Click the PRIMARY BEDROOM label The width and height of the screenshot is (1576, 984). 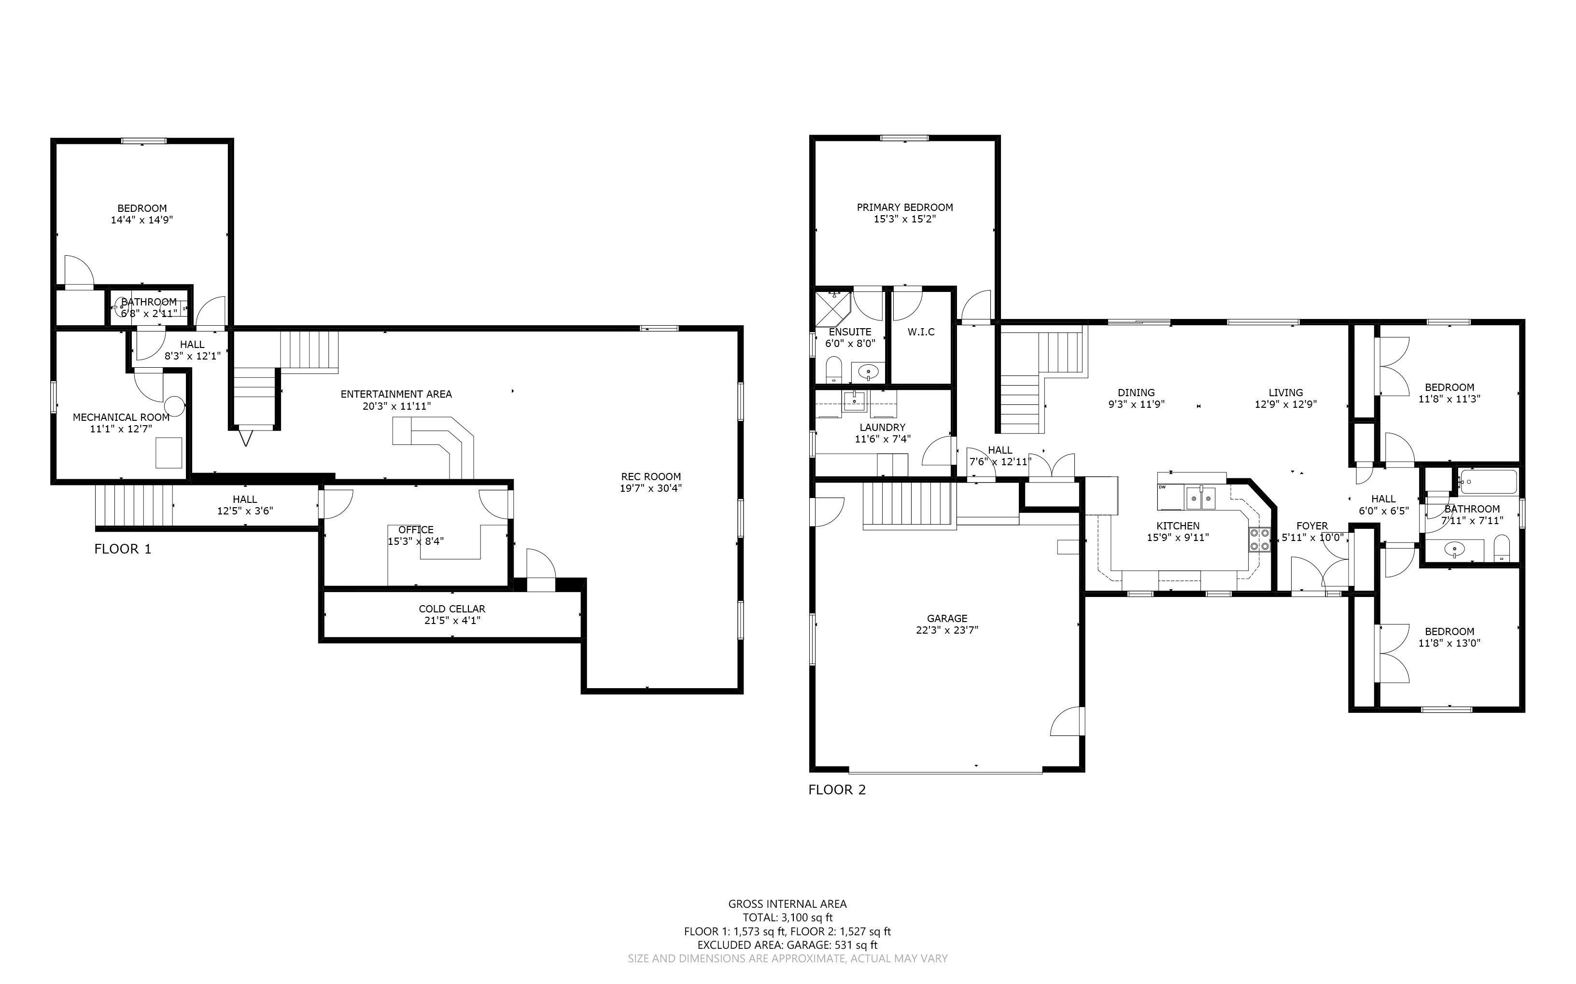pyautogui.click(x=904, y=208)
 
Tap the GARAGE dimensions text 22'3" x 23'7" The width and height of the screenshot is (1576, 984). pyautogui.click(x=947, y=630)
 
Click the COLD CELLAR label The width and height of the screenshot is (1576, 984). pyautogui.click(x=452, y=609)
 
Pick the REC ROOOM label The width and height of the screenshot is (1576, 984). pyautogui.click(x=651, y=476)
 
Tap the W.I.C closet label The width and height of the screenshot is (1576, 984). pyautogui.click(x=921, y=332)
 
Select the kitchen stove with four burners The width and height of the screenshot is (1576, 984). pyautogui.click(x=1259, y=540)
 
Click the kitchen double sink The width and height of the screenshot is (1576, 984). pyautogui.click(x=1201, y=499)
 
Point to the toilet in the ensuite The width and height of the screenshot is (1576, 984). pyautogui.click(x=834, y=370)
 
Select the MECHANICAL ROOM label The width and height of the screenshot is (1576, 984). pyautogui.click(x=121, y=417)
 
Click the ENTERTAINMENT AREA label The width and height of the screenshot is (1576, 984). pyautogui.click(x=396, y=394)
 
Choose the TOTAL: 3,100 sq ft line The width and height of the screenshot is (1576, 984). pyautogui.click(x=788, y=917)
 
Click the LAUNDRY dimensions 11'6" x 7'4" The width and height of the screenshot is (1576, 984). pyautogui.click(x=882, y=439)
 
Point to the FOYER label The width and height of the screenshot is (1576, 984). pyautogui.click(x=1312, y=526)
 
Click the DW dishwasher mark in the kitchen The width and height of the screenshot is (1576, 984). pyautogui.click(x=1162, y=486)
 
